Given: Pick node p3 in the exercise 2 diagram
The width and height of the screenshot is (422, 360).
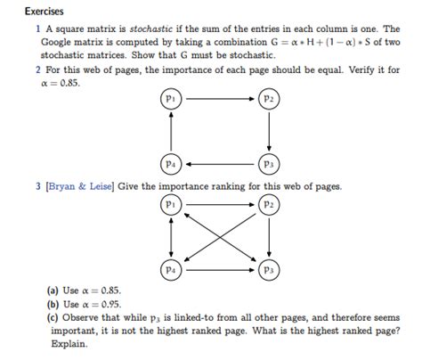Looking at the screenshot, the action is [268, 164].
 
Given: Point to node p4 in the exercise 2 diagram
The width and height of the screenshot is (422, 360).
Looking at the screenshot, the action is [170, 164].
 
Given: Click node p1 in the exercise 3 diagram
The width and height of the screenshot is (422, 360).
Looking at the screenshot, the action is [170, 204].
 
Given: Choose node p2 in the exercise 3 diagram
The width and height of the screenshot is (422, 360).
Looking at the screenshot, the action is [268, 204].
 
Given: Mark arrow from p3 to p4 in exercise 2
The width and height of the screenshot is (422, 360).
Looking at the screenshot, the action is [219, 164].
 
